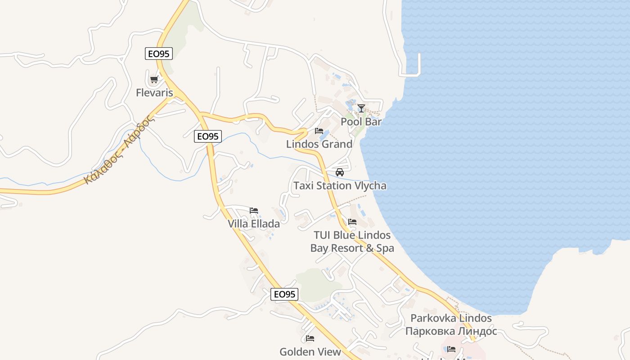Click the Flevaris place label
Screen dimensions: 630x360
154,93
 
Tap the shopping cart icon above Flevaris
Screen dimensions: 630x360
154,80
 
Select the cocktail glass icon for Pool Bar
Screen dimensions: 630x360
361,108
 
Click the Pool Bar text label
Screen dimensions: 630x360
361,121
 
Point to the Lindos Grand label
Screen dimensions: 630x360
319,144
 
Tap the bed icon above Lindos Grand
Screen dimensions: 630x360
319,131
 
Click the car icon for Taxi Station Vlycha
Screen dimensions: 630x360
340,172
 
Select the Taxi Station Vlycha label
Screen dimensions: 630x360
340,185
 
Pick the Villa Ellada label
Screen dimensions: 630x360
254,224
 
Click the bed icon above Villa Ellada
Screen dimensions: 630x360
254,210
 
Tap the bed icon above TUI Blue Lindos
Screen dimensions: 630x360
352,222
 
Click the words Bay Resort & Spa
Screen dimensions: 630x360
352,248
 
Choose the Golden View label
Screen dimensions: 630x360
310,351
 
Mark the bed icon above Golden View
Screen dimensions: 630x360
310,338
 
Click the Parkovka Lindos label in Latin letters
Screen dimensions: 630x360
451,318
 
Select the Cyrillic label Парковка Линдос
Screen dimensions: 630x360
451,331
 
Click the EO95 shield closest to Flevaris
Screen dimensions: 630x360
159,54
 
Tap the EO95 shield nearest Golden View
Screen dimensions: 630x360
284,294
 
